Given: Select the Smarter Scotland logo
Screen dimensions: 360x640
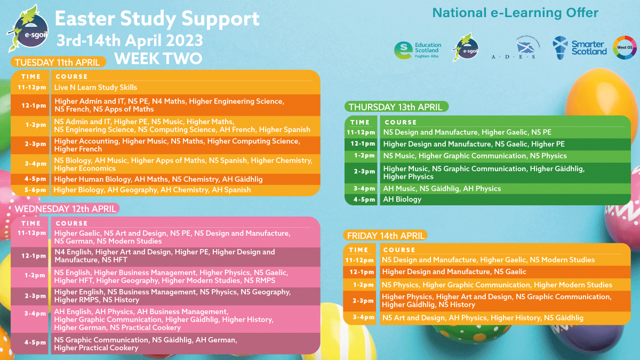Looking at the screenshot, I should pyautogui.click(x=580, y=48).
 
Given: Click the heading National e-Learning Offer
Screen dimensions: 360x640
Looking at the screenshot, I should pyautogui.click(x=515, y=13).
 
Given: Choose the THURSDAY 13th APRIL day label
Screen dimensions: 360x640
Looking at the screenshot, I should pyautogui.click(x=395, y=107).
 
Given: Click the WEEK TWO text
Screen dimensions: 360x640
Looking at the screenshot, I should pyautogui.click(x=158, y=58).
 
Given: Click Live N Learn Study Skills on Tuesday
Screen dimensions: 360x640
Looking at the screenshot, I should pyautogui.click(x=95, y=87).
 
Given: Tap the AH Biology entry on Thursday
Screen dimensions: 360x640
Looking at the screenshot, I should pyautogui.click(x=402, y=199).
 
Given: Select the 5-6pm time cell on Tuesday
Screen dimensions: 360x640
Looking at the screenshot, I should pyautogui.click(x=31, y=190).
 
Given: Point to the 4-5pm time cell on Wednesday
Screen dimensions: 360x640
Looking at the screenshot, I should pyautogui.click(x=31, y=342).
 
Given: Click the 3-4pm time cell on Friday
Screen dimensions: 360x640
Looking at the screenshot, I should pyautogui.click(x=361, y=317).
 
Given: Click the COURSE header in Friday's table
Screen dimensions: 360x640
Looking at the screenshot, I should pyautogui.click(x=399, y=250).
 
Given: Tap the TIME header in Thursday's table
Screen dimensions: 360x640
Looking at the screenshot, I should pyautogui.click(x=360, y=122).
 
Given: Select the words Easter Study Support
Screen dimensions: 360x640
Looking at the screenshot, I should pyautogui.click(x=157, y=19).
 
